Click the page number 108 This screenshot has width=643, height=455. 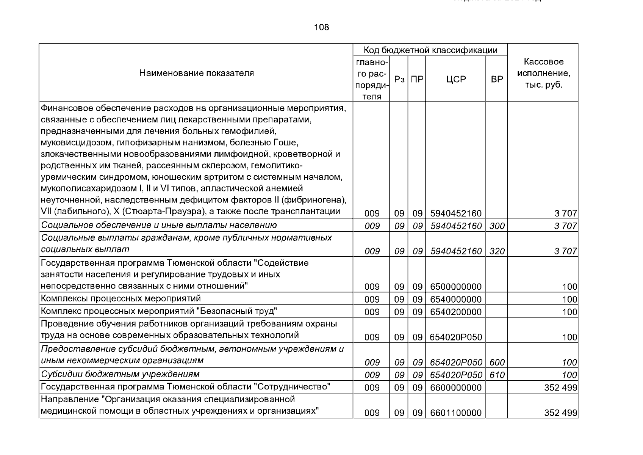tap(321, 27)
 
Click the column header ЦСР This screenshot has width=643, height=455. tap(455, 80)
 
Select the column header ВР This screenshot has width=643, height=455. tap(497, 80)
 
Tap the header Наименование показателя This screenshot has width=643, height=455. tap(196, 73)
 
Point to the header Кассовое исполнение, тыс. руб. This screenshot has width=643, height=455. tap(543, 73)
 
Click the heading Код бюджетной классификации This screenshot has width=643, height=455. tap(430, 50)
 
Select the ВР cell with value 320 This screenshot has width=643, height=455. tap(497, 251)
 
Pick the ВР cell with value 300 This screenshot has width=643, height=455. tap(497, 226)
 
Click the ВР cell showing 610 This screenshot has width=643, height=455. tap(497, 375)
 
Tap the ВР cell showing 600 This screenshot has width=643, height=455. tap(497, 363)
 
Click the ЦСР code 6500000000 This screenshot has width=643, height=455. tap(456, 287)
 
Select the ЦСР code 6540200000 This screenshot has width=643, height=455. tap(456, 312)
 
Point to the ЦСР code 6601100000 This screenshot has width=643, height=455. tap(456, 413)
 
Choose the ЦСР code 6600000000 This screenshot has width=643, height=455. tap(456, 388)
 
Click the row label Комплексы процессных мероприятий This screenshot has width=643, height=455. tap(120, 299)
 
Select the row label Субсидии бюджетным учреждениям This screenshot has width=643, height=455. tap(120, 375)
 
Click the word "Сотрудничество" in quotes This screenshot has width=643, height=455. tap(292, 387)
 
